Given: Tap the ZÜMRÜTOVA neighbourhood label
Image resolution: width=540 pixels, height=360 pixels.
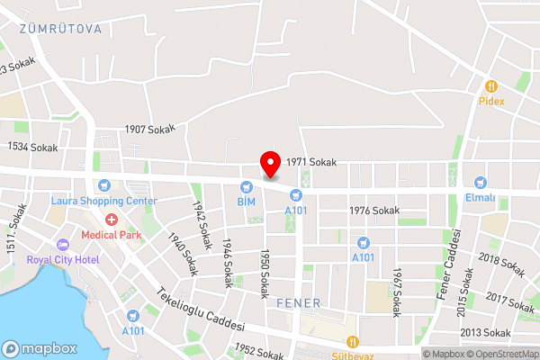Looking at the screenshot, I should tap(59, 29).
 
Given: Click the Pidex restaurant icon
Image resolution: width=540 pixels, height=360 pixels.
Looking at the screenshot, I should tap(490, 86).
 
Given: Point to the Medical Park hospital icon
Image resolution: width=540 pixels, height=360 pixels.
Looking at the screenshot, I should tap(112, 220).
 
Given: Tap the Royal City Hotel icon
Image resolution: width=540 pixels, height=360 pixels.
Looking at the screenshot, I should tap(63, 245).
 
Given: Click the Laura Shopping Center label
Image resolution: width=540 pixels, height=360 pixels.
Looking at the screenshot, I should tap(103, 201).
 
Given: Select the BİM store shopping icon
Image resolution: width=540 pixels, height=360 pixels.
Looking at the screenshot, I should tap(246, 187).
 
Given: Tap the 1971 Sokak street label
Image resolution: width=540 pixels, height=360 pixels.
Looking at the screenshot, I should tap(311, 162).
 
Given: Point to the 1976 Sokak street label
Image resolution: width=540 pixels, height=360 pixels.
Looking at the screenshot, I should tap(373, 211).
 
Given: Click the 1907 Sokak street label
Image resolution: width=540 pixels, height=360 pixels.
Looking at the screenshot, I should tap(149, 130).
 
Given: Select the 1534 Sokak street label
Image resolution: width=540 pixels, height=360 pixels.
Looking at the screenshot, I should tap(32, 147).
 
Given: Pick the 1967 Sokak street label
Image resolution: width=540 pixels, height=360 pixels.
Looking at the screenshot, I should tap(396, 292).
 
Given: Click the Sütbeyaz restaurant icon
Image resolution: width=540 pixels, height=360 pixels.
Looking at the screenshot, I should tap(354, 342).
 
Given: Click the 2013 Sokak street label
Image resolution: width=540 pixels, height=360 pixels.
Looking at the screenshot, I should tap(511, 333).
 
